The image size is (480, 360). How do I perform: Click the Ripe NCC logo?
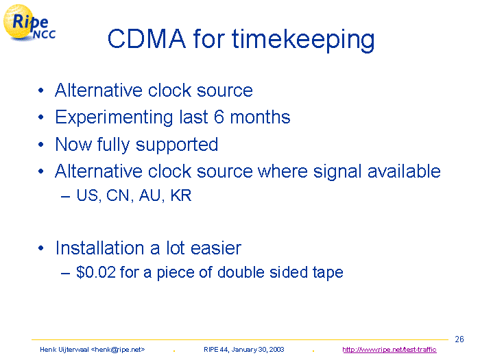click(x=29, y=23)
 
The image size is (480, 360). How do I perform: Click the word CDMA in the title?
click(x=147, y=39)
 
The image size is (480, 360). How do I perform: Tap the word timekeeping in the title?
click(x=303, y=40)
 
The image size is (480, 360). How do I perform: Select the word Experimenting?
click(x=114, y=117)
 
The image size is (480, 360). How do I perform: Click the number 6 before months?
click(x=219, y=117)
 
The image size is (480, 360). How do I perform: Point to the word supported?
click(x=177, y=145)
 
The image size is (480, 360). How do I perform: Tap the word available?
click(x=404, y=171)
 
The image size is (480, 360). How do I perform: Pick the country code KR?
click(x=181, y=195)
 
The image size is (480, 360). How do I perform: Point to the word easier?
click(x=216, y=248)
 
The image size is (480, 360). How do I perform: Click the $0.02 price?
click(x=96, y=272)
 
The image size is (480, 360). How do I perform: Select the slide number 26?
click(x=459, y=339)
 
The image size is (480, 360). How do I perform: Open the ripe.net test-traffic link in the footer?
click(x=389, y=350)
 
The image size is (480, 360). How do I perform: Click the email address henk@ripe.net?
click(x=118, y=350)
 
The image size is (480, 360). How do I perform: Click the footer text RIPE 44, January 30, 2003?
click(x=244, y=350)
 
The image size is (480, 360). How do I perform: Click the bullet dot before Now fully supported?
click(x=41, y=145)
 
